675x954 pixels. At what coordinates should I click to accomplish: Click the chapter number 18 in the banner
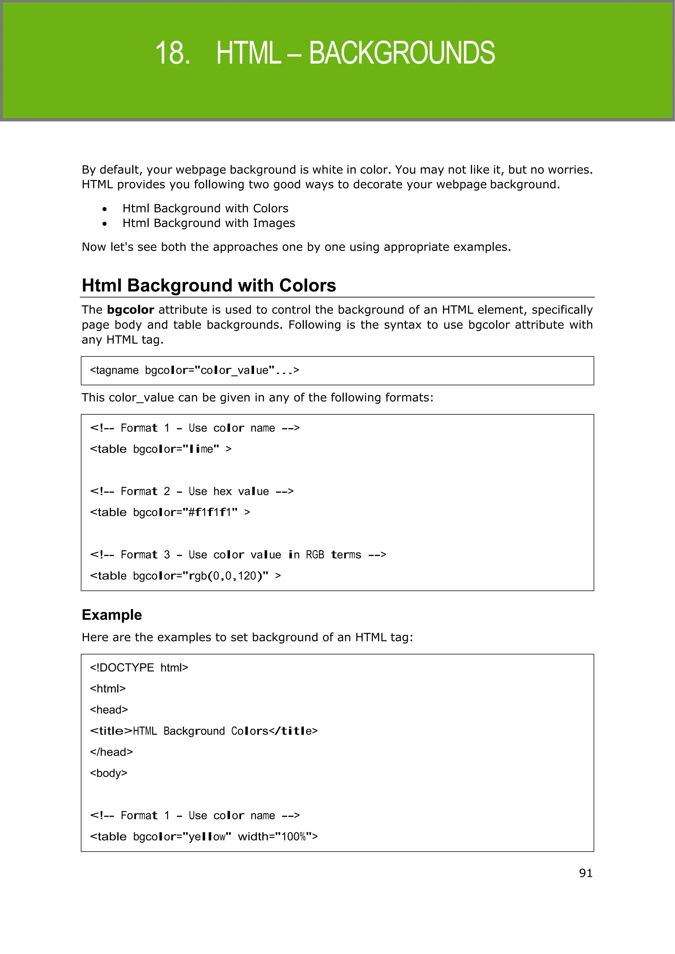point(172,53)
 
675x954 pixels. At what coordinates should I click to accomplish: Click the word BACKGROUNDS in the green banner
point(401,53)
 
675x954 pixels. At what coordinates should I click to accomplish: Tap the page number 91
point(585,873)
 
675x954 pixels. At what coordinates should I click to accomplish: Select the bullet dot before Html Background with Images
point(104,224)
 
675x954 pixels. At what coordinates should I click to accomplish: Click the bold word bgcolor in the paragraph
point(130,310)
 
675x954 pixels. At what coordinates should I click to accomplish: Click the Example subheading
point(112,615)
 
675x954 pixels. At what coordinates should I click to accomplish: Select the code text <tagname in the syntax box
point(114,370)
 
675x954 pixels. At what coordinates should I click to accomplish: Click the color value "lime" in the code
point(201,449)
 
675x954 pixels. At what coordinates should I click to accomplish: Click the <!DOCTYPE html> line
point(139,668)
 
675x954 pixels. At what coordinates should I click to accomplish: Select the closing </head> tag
point(111,752)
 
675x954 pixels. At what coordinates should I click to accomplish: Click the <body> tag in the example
point(108,773)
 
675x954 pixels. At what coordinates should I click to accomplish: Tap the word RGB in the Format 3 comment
point(315,555)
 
